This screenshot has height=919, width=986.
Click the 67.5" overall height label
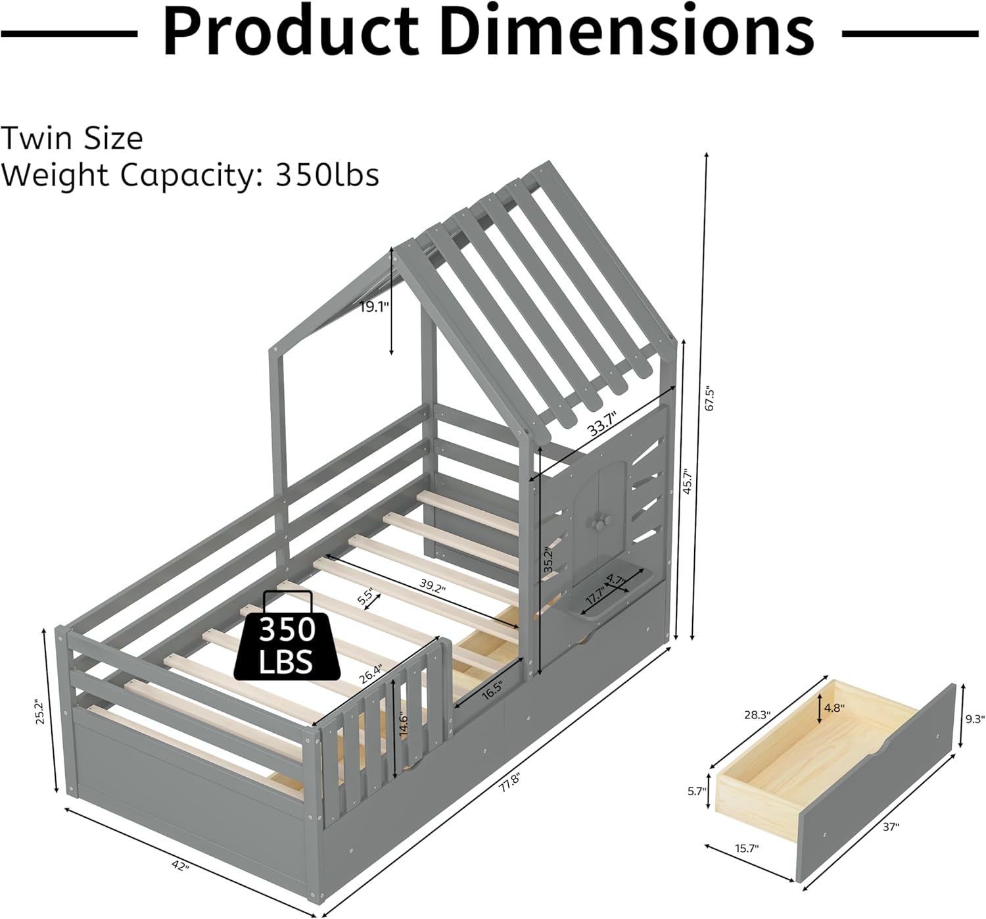pos(708,398)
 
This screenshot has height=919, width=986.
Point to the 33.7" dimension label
pos(603,423)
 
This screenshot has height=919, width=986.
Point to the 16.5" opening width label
pos(487,692)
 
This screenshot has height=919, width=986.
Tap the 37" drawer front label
pos(890,828)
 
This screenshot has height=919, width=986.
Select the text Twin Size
pos(72,139)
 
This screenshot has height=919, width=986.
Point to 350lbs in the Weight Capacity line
pos(327,175)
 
